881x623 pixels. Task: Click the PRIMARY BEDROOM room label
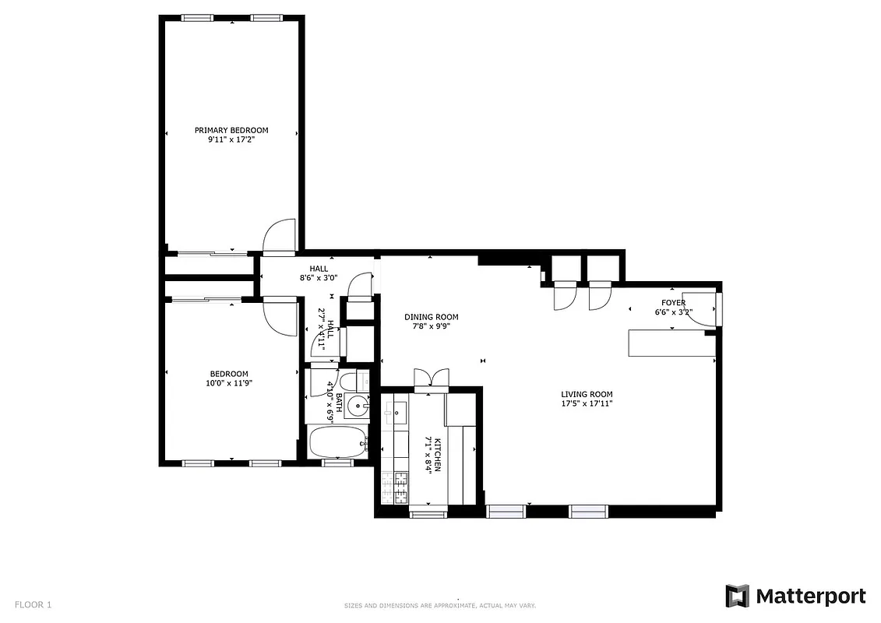231,130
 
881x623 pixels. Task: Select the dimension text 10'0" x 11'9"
229,382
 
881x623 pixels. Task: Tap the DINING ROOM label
431,317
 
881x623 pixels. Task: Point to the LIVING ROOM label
587,394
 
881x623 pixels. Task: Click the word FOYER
673,303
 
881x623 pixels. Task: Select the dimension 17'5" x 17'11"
587,403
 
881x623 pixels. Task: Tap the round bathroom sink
357,405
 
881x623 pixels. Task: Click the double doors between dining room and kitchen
431,378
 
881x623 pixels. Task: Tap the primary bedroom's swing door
279,237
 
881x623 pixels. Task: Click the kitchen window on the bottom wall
428,512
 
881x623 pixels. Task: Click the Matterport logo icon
737,597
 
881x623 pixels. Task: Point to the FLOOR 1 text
33,604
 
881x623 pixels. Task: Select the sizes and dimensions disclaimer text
440,605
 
